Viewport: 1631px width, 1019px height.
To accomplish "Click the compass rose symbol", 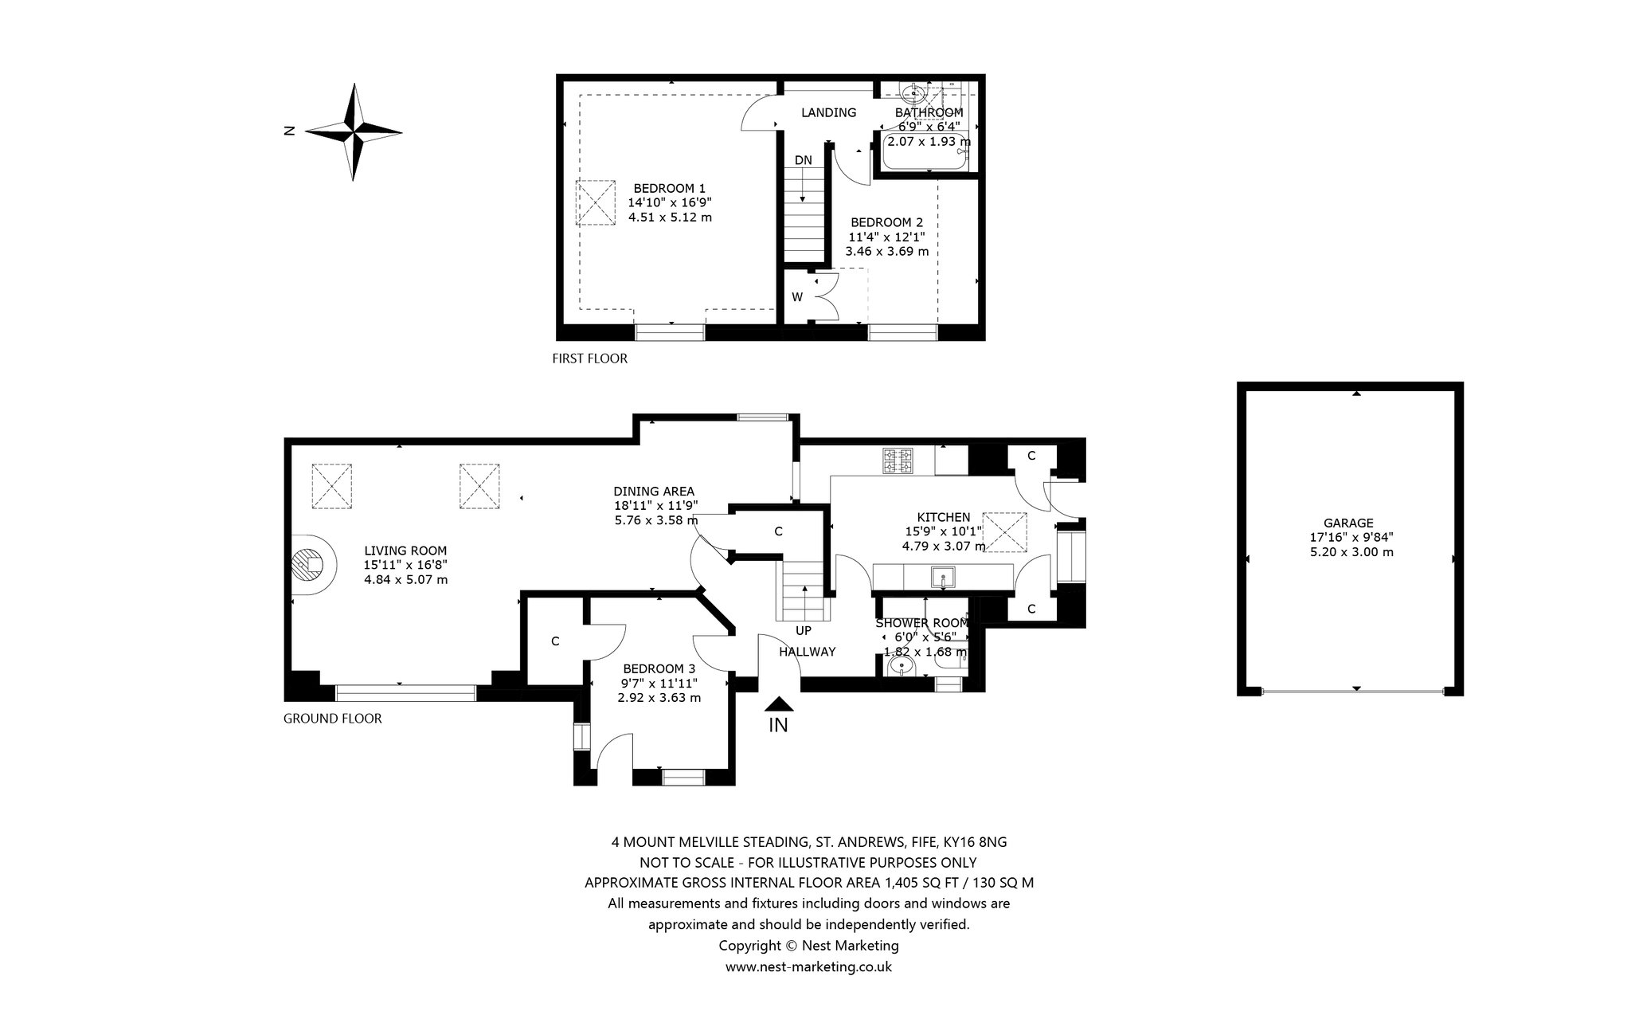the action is [x=354, y=131].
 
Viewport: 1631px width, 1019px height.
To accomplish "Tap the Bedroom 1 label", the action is [x=670, y=188].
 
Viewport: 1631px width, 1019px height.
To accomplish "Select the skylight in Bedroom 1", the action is [x=596, y=202].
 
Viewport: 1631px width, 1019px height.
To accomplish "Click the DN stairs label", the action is [x=804, y=160].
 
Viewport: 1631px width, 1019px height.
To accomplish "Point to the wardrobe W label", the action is [x=797, y=297].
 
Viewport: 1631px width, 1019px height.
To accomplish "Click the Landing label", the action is [x=828, y=112].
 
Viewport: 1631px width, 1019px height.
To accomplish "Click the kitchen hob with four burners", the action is [x=898, y=461].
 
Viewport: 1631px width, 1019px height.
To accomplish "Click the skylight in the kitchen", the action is [x=1006, y=532].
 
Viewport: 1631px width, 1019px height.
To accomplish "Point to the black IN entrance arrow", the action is [x=779, y=704].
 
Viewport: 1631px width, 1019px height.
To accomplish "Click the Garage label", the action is [x=1348, y=523].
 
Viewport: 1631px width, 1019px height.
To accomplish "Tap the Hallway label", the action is [x=807, y=652].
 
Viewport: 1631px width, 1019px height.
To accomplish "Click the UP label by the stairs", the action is [x=804, y=630].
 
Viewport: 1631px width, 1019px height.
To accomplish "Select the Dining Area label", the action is [x=654, y=491].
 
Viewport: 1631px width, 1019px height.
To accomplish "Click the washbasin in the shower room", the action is [x=904, y=665].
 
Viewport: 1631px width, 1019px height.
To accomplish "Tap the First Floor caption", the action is [x=589, y=359].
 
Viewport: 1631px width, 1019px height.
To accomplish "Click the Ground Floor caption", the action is [x=333, y=719].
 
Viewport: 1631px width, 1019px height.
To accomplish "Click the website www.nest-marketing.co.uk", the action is [x=808, y=966].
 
